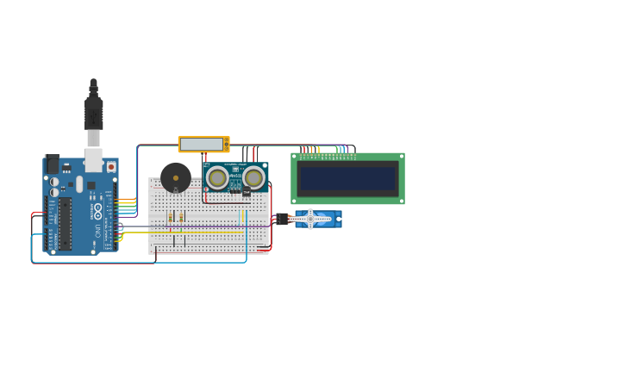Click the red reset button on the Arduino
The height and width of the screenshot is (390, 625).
[110, 166]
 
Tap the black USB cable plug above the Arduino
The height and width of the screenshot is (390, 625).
[93, 112]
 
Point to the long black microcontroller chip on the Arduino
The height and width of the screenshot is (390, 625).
[65, 223]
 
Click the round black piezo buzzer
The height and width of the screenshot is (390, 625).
[176, 177]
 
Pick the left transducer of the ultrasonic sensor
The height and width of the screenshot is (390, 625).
[217, 178]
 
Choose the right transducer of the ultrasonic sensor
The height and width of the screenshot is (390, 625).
[253, 177]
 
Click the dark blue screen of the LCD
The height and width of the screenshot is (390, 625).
[347, 178]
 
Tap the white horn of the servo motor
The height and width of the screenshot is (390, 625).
[311, 219]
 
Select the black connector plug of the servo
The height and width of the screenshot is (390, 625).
[283, 219]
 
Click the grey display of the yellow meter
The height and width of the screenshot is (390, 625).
[201, 144]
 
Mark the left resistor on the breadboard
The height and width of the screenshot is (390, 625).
[171, 216]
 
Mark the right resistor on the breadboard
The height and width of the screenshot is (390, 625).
[181, 216]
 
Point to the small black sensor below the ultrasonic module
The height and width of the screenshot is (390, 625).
[246, 192]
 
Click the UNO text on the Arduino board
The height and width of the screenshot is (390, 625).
[97, 231]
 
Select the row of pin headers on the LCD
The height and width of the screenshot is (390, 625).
[327, 155]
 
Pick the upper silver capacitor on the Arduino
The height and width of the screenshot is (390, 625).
[54, 182]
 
